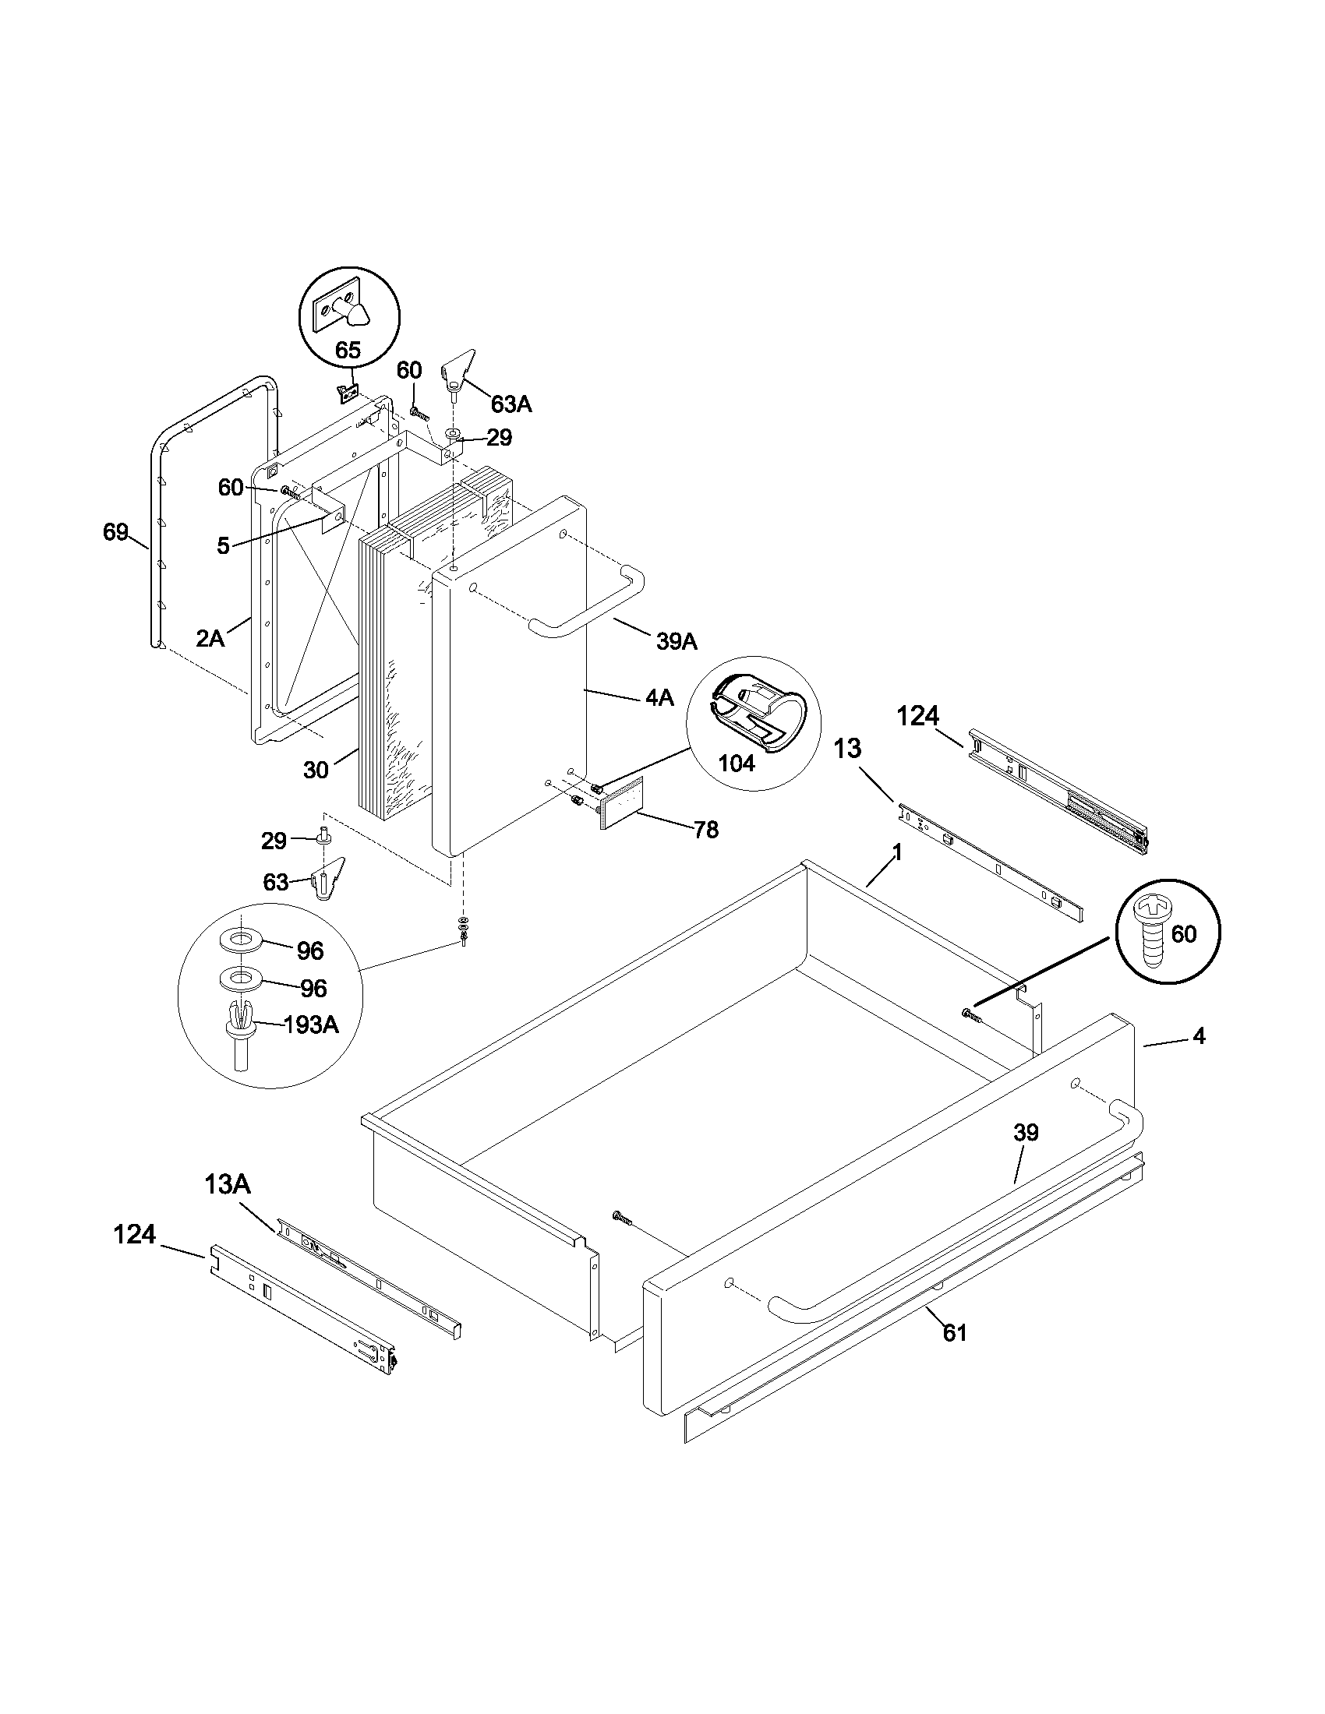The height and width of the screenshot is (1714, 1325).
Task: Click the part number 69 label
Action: pyautogui.click(x=115, y=532)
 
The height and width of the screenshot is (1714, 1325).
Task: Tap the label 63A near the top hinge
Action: pyautogui.click(x=511, y=404)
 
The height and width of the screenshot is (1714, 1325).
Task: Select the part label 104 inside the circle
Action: pyautogui.click(x=737, y=762)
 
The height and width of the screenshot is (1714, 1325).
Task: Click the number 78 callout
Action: pyautogui.click(x=706, y=830)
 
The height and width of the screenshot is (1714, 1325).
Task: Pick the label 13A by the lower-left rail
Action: pyautogui.click(x=228, y=1183)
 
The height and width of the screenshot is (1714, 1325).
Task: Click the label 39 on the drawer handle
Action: pyautogui.click(x=1025, y=1133)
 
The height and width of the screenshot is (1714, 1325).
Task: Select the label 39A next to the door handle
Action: pyautogui.click(x=677, y=641)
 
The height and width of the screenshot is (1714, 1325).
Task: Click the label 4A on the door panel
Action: pyautogui.click(x=659, y=698)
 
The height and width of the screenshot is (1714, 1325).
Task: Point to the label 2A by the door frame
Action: pyautogui.click(x=210, y=638)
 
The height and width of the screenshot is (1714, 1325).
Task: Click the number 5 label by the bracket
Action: pyautogui.click(x=224, y=546)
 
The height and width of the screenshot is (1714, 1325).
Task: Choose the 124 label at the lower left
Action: pyautogui.click(x=134, y=1235)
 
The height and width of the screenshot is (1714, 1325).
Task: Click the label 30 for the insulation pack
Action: pyautogui.click(x=316, y=771)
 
